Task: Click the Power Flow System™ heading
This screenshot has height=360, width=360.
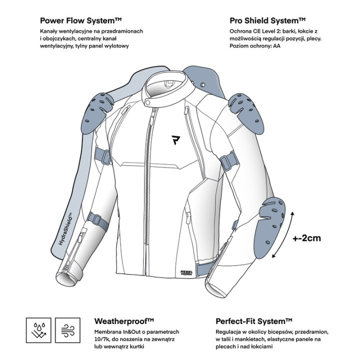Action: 80,20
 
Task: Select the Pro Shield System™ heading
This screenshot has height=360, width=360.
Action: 267,20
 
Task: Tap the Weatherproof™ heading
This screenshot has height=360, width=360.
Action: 124,321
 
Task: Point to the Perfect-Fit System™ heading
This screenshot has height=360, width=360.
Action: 253,321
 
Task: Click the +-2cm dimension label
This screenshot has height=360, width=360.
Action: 306,238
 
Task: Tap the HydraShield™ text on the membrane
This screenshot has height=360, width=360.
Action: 65,228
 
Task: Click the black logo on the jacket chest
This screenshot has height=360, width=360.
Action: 175,140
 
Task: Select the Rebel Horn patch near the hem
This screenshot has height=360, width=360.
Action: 186,272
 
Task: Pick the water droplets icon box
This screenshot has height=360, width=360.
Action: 38,330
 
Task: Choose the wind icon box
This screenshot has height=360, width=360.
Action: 67,330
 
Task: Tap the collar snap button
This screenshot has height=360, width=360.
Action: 147,102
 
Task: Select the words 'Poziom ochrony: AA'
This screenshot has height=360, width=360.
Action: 255,46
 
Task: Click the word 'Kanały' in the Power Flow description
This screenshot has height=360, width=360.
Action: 48,31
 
